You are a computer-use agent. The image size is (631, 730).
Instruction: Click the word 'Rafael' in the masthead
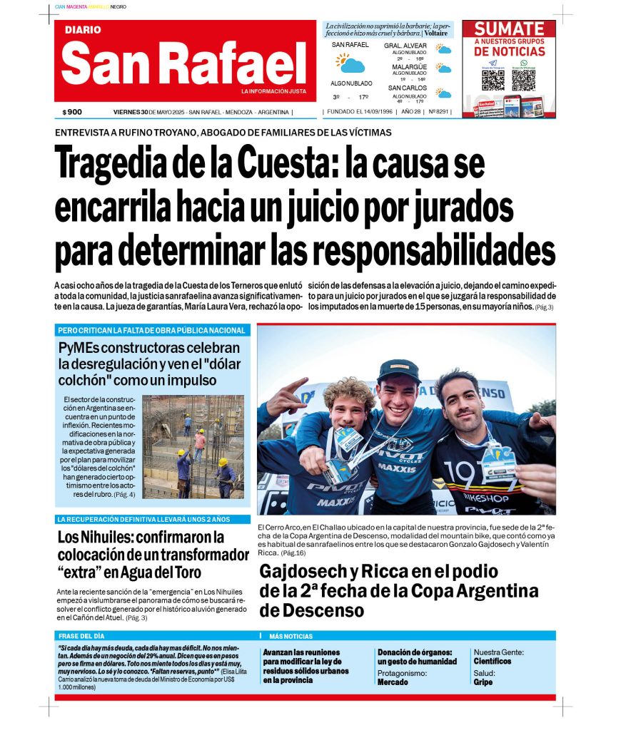click(235, 63)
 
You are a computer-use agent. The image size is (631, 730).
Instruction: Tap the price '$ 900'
click(72, 112)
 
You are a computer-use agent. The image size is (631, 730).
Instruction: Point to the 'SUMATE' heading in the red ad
click(509, 29)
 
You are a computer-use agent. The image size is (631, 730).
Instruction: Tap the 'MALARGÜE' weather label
click(409, 67)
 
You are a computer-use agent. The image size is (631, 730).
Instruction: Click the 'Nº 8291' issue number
click(436, 112)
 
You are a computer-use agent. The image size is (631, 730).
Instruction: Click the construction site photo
click(193, 446)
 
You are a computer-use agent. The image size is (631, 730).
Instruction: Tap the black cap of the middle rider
click(398, 370)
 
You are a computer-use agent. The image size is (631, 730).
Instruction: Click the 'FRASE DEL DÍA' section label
click(81, 636)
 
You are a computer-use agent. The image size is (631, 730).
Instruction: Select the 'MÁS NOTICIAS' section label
click(291, 636)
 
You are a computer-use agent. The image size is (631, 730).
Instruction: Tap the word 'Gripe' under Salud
click(483, 682)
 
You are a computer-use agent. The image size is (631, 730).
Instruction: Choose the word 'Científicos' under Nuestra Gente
click(493, 661)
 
